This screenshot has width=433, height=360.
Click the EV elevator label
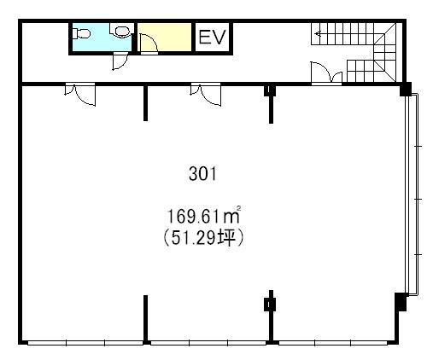(x=212, y=38)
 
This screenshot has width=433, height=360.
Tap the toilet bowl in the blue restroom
(x=81, y=34)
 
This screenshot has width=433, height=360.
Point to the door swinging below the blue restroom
(x=120, y=61)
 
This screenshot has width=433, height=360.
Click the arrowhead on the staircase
(x=318, y=34)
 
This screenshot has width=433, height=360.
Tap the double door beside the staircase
(x=326, y=73)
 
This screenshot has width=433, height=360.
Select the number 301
(x=202, y=174)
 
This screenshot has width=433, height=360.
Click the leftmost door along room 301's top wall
(x=80, y=94)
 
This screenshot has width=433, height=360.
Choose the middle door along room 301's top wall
(x=206, y=94)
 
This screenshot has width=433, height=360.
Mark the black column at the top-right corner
(x=406, y=89)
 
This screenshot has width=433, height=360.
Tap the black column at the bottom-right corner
(x=401, y=302)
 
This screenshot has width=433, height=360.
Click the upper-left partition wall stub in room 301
(x=145, y=103)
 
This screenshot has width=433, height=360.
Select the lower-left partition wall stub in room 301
(x=145, y=318)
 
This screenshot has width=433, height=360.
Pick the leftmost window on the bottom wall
(x=85, y=343)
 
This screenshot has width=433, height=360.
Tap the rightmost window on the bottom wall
(x=333, y=343)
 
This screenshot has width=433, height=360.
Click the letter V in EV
(x=219, y=38)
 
